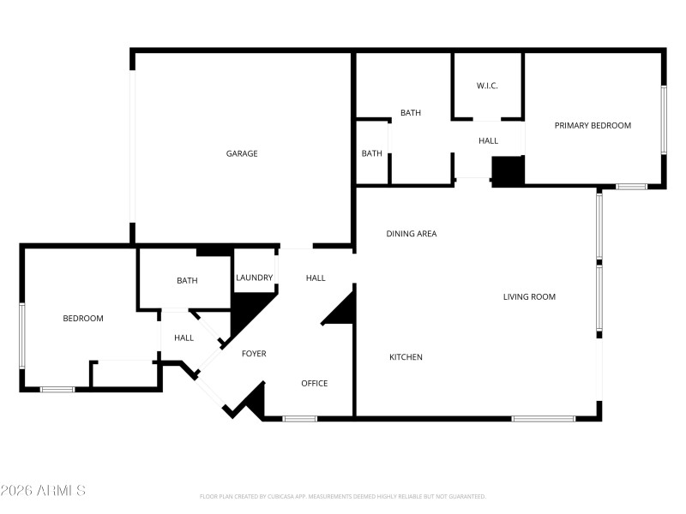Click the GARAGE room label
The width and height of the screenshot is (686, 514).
242,153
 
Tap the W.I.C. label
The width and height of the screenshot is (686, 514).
487,86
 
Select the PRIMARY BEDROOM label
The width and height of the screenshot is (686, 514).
593,125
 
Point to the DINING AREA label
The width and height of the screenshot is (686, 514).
412,233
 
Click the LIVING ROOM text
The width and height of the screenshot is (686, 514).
529,297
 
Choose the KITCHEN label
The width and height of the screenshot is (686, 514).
406,357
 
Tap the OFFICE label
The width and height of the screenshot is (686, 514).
315,383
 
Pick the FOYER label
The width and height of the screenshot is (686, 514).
254,353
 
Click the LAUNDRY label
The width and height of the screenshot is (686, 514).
255,278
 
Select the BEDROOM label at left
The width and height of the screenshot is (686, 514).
83,319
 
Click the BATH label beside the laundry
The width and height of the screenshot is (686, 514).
187,280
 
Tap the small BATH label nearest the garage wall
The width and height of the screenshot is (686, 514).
371,153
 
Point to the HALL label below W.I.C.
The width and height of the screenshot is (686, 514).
488,140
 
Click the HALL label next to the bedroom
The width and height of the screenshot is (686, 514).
184,338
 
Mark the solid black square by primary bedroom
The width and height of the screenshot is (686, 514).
508,170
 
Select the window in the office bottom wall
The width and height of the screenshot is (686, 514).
300,418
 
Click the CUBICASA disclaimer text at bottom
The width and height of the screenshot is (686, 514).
343,496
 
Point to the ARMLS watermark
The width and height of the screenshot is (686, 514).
43,491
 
